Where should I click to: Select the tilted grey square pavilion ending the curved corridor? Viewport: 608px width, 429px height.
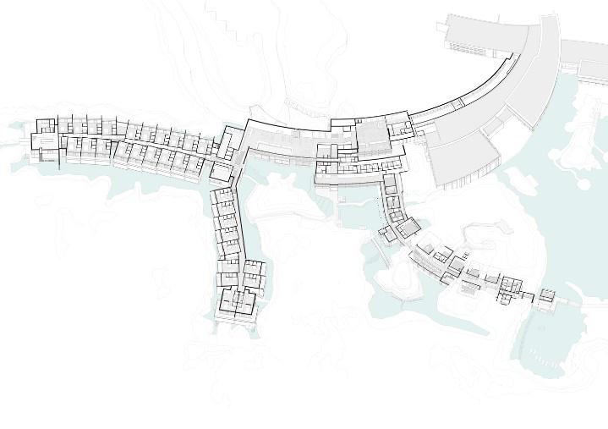point(408,228)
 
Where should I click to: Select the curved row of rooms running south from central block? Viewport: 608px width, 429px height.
point(390,199)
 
